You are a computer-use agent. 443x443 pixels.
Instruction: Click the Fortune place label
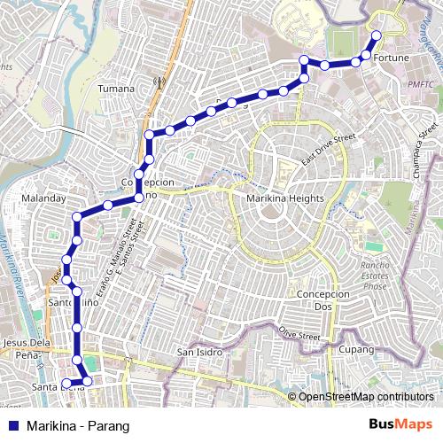[x=392, y=58]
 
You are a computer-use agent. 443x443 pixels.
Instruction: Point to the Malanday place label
[x=43, y=198]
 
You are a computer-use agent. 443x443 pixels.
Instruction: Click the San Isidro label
[x=197, y=352]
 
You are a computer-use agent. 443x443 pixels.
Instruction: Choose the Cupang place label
[x=357, y=351]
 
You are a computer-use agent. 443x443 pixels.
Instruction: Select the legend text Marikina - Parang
[x=78, y=426]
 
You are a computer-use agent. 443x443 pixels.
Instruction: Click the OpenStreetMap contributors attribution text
[x=366, y=396]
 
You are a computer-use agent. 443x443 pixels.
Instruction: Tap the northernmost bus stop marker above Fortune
[x=377, y=35]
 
